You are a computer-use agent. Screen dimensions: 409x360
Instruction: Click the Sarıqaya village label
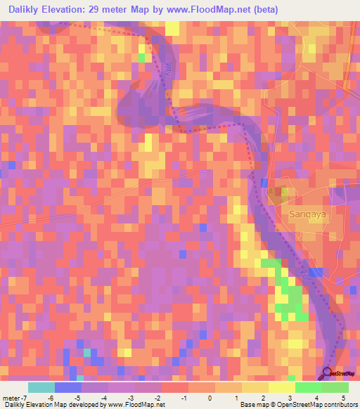(x=309, y=209)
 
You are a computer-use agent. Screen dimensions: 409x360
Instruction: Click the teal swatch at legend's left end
(x=41, y=388)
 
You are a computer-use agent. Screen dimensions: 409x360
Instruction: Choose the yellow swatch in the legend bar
(x=281, y=388)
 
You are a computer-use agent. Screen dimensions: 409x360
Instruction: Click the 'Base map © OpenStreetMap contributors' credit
(x=297, y=404)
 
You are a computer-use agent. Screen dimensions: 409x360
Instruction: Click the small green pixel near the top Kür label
(x=141, y=58)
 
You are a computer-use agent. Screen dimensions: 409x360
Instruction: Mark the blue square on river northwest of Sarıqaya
(x=264, y=183)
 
